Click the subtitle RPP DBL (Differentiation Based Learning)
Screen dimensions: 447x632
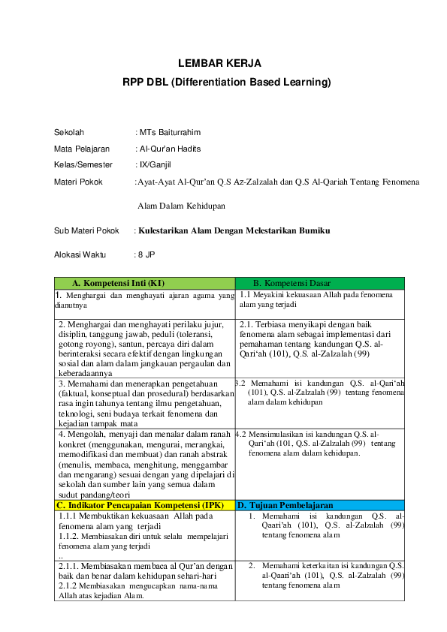(226, 82)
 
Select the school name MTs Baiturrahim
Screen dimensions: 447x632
(170, 132)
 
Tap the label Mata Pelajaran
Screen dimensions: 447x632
(82, 149)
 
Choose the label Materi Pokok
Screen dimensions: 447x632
(78, 182)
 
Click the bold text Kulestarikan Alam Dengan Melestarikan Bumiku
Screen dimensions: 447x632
(234, 230)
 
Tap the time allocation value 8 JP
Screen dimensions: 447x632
(146, 255)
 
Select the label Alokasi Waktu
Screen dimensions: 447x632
(80, 255)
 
